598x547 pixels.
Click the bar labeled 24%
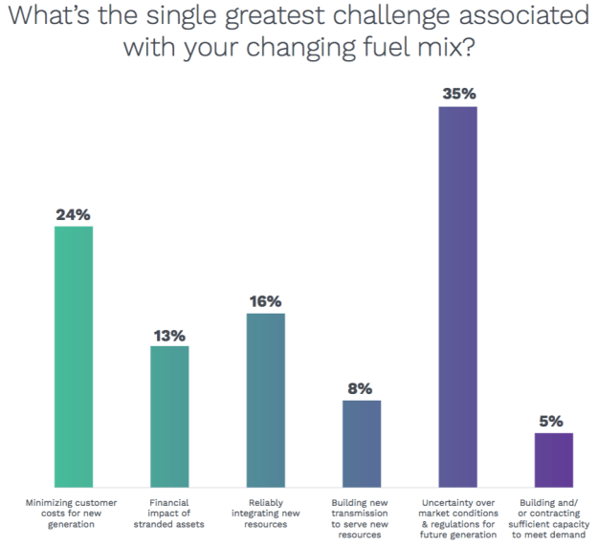(x=74, y=357)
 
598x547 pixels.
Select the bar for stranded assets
(x=169, y=417)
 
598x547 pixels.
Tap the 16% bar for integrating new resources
(x=266, y=401)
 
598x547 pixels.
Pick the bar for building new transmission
(x=362, y=444)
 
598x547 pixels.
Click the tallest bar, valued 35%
(x=457, y=297)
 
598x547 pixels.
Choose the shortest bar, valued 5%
(x=553, y=460)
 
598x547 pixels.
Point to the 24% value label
(x=74, y=215)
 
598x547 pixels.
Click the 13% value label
(x=169, y=336)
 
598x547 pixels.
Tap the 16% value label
(x=266, y=302)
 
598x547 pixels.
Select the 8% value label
(x=362, y=389)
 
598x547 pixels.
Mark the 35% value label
(x=457, y=95)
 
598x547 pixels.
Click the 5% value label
(x=553, y=422)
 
